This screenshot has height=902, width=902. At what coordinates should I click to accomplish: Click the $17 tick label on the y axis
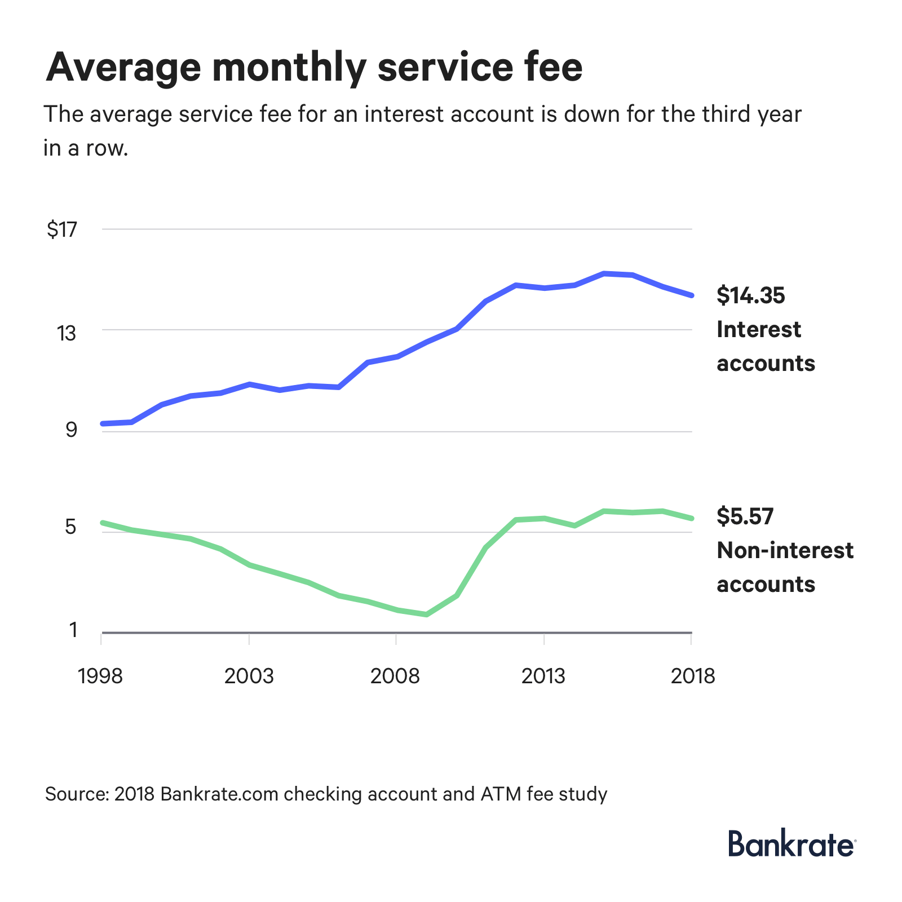point(62,230)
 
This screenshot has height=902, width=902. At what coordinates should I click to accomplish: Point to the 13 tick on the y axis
point(66,334)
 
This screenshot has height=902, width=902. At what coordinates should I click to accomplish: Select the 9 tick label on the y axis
point(71,431)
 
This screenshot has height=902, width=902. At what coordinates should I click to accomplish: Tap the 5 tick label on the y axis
point(70,527)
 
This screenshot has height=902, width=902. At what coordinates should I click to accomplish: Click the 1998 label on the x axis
point(100,676)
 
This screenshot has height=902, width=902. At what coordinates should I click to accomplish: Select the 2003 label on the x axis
point(249,676)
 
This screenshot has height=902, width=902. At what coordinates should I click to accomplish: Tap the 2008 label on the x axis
point(395,676)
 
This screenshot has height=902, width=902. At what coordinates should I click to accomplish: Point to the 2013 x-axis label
point(543,676)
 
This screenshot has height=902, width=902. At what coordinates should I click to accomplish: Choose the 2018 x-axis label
point(692,676)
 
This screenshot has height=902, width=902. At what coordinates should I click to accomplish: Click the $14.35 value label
point(750,295)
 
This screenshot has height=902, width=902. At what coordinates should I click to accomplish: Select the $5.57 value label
point(745,516)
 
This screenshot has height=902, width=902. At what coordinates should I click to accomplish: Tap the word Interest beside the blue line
point(758,330)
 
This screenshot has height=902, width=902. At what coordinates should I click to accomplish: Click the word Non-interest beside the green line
point(785,551)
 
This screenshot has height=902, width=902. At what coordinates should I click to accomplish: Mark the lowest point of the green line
point(427,614)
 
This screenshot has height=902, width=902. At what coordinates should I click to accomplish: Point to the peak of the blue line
point(604,274)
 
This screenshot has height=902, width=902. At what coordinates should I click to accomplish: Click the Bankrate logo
point(792,844)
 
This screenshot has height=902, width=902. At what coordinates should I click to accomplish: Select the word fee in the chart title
point(549,68)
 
